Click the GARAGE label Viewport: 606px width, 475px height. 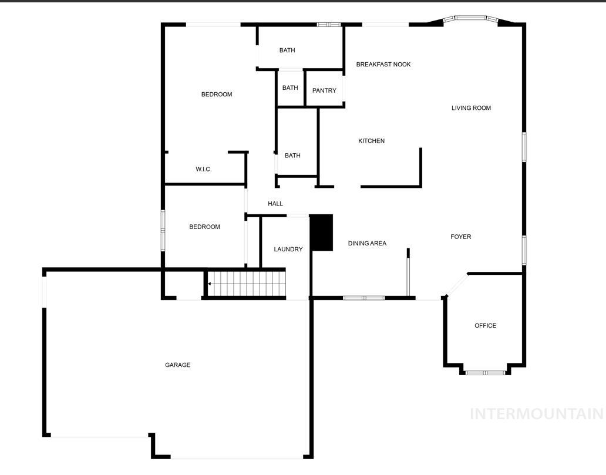[178, 365]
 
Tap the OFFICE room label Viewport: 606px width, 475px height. [486, 325]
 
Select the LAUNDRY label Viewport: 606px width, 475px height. [288, 250]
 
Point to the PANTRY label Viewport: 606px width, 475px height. [324, 90]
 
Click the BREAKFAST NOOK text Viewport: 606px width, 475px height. [383, 65]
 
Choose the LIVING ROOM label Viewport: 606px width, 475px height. [471, 108]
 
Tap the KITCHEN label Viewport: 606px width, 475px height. [371, 141]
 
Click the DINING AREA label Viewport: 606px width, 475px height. [367, 243]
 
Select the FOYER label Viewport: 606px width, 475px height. [461, 237]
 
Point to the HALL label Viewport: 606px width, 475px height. [275, 203]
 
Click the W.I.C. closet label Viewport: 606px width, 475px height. [204, 169]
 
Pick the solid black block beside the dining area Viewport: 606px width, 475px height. [322, 233]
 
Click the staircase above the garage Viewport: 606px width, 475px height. [247, 284]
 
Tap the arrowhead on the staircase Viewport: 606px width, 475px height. [209, 284]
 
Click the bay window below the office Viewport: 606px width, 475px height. [485, 373]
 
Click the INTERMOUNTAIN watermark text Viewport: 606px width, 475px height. [537, 414]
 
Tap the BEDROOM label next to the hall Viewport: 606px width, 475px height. [204, 227]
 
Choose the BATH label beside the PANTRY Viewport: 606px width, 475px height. [290, 87]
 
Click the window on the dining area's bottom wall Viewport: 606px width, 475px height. [363, 298]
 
